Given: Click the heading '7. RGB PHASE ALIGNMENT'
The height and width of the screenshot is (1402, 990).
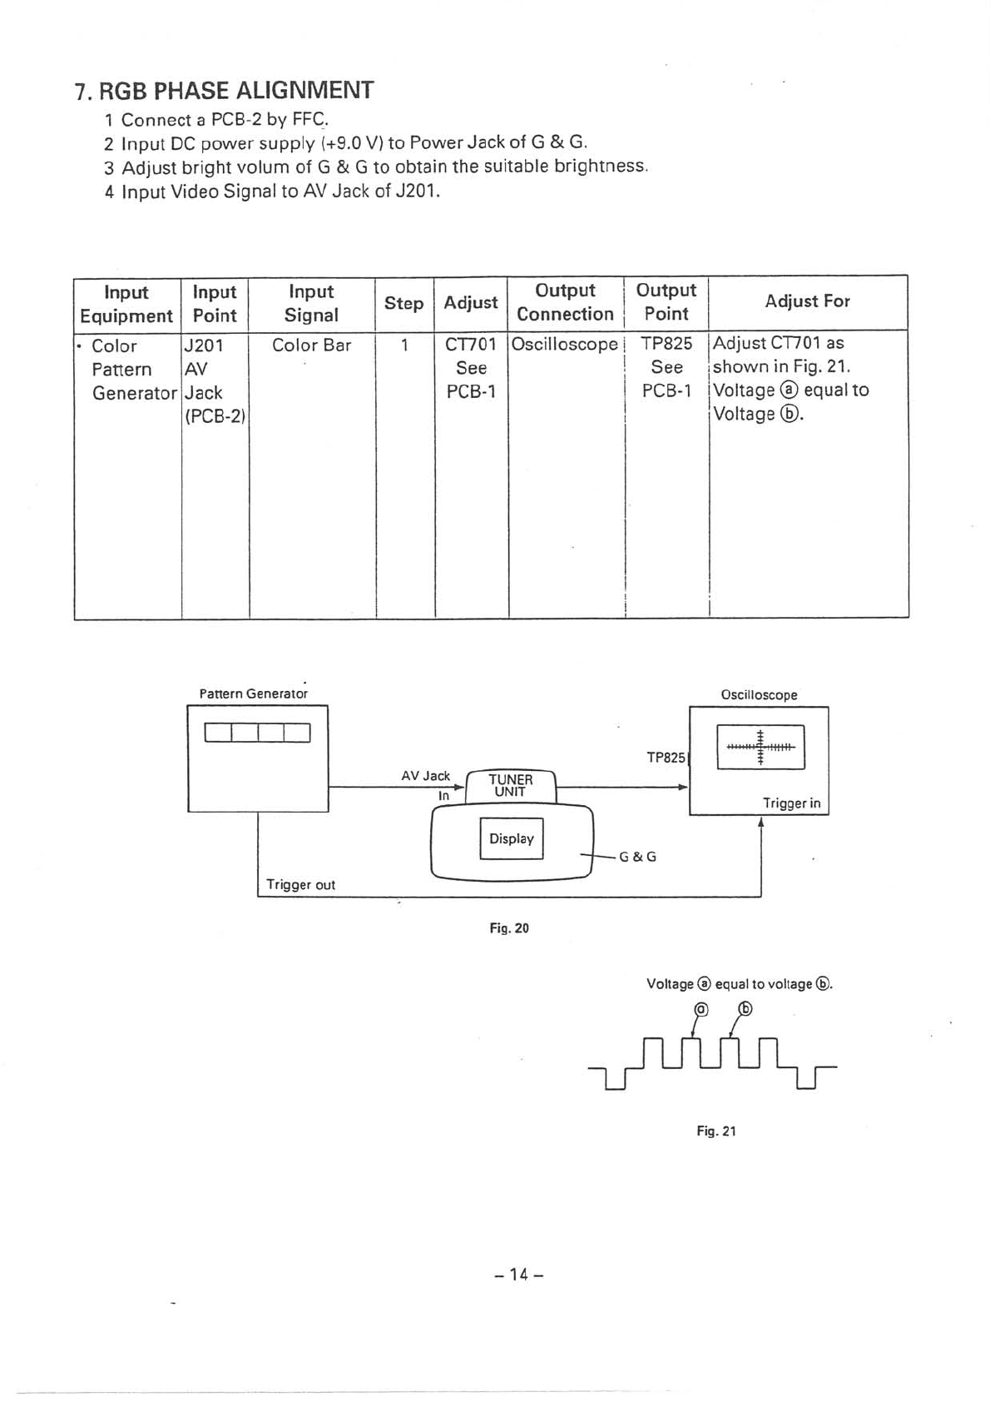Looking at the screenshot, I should [x=224, y=90].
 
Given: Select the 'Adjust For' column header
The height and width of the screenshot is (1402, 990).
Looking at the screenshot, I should [x=807, y=301].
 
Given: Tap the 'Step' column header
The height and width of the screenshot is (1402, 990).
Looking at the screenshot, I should [x=403, y=303].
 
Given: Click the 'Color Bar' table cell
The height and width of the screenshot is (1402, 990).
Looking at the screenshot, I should [x=311, y=345].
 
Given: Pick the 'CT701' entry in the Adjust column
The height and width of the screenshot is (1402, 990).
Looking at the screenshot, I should [x=471, y=344].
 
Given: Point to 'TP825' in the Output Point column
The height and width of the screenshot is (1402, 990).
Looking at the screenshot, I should [x=666, y=343].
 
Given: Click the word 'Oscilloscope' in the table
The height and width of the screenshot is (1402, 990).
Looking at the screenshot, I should [x=565, y=344].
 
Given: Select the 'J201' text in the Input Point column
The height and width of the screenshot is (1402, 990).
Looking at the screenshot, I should [x=203, y=345].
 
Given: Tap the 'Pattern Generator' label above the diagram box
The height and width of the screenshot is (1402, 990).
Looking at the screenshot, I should [x=254, y=694].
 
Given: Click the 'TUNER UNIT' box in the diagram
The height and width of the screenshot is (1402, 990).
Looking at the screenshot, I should [x=510, y=785].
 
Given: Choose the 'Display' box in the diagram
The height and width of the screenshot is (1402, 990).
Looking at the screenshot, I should [x=512, y=838].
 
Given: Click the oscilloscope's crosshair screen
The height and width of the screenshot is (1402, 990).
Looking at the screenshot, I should [x=760, y=747].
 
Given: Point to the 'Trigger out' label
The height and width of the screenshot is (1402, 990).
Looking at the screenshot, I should [x=300, y=884].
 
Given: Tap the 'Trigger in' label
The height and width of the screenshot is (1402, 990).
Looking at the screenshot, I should [x=791, y=803].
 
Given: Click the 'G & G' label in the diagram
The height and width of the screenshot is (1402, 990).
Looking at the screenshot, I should [x=638, y=856].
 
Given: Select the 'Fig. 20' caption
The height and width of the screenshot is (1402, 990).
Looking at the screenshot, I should [x=509, y=927].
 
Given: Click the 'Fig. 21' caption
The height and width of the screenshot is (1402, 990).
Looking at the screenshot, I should [x=716, y=1131].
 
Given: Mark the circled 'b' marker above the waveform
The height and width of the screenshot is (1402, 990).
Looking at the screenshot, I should [x=745, y=1009].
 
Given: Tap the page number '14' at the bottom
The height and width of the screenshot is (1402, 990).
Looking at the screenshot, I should [x=518, y=1274].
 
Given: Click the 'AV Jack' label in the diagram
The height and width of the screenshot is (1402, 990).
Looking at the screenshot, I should [x=425, y=775].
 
